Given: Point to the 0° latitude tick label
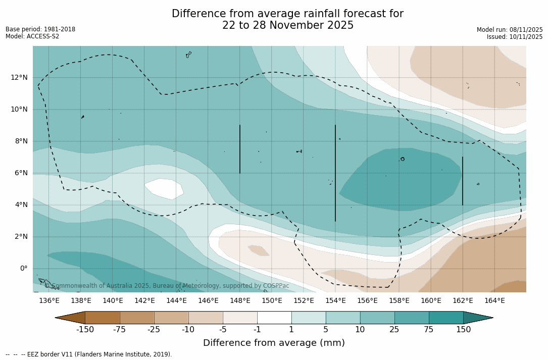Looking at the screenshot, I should pyautogui.click(x=23, y=268).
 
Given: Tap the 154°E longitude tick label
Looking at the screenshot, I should pyautogui.click(x=335, y=301).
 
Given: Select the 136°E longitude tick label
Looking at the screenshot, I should pyautogui.click(x=49, y=301).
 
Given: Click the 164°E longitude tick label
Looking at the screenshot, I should pyautogui.click(x=494, y=301).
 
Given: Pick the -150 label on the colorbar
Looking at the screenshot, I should pyautogui.click(x=85, y=330).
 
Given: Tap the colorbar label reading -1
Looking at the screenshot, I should pyautogui.click(x=257, y=330).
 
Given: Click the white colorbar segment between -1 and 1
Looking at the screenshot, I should pyautogui.click(x=274, y=318).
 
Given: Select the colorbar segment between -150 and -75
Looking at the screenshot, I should pyautogui.click(x=102, y=318).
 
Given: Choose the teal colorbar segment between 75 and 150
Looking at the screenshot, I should pyautogui.click(x=446, y=318).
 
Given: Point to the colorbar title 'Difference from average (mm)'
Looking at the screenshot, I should pyautogui.click(x=274, y=343).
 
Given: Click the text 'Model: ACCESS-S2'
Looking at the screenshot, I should pyautogui.click(x=32, y=36).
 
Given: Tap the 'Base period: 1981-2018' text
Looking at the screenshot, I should pyautogui.click(x=40, y=29).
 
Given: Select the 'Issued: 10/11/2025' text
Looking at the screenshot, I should pyautogui.click(x=515, y=37).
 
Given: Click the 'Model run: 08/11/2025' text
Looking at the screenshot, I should pyautogui.click(x=510, y=30).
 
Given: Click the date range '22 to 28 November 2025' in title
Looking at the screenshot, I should pyautogui.click(x=288, y=25).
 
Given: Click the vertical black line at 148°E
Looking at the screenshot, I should pyautogui.click(x=240, y=149).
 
